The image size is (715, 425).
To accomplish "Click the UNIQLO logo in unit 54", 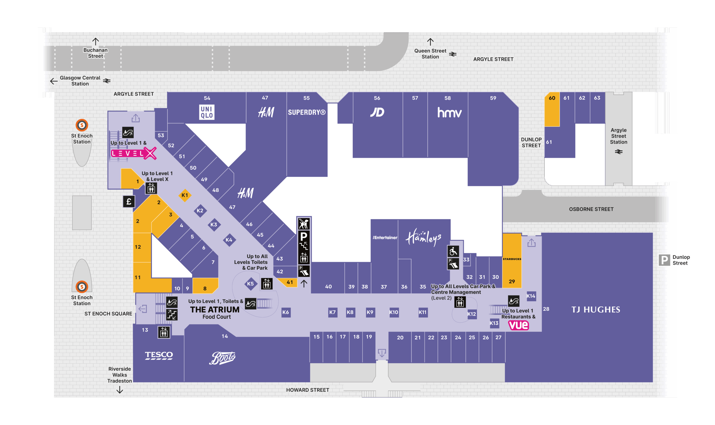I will pos(207,112).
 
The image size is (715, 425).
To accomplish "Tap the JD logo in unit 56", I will pos(377,112).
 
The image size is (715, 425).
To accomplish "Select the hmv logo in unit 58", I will pos(449,113).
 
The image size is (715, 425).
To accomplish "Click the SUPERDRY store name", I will pos(307,112).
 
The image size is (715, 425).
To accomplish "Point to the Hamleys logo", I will pos(424,237).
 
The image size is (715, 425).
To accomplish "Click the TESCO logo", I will pos(159,355).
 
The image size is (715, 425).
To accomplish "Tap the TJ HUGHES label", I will pos(596,310).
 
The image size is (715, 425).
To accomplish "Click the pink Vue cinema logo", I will pos(518,325).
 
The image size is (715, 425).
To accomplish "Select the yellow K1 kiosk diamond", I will pos(185,195).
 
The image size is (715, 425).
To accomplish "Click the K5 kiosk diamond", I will pos(251,284).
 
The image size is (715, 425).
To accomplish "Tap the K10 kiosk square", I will pos(394,312).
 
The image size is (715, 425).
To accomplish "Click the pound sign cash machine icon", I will pos(129,202).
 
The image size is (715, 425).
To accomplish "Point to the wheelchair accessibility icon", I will pos(453,251).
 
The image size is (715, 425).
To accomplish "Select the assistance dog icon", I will pos(304,224).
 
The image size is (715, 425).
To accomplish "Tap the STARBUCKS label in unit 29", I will pos(512,259).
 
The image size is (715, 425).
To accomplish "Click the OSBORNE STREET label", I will pos(591,209).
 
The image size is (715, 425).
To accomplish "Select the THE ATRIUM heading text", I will pos(215,310).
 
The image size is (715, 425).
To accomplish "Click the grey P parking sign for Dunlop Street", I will pos(664,260).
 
